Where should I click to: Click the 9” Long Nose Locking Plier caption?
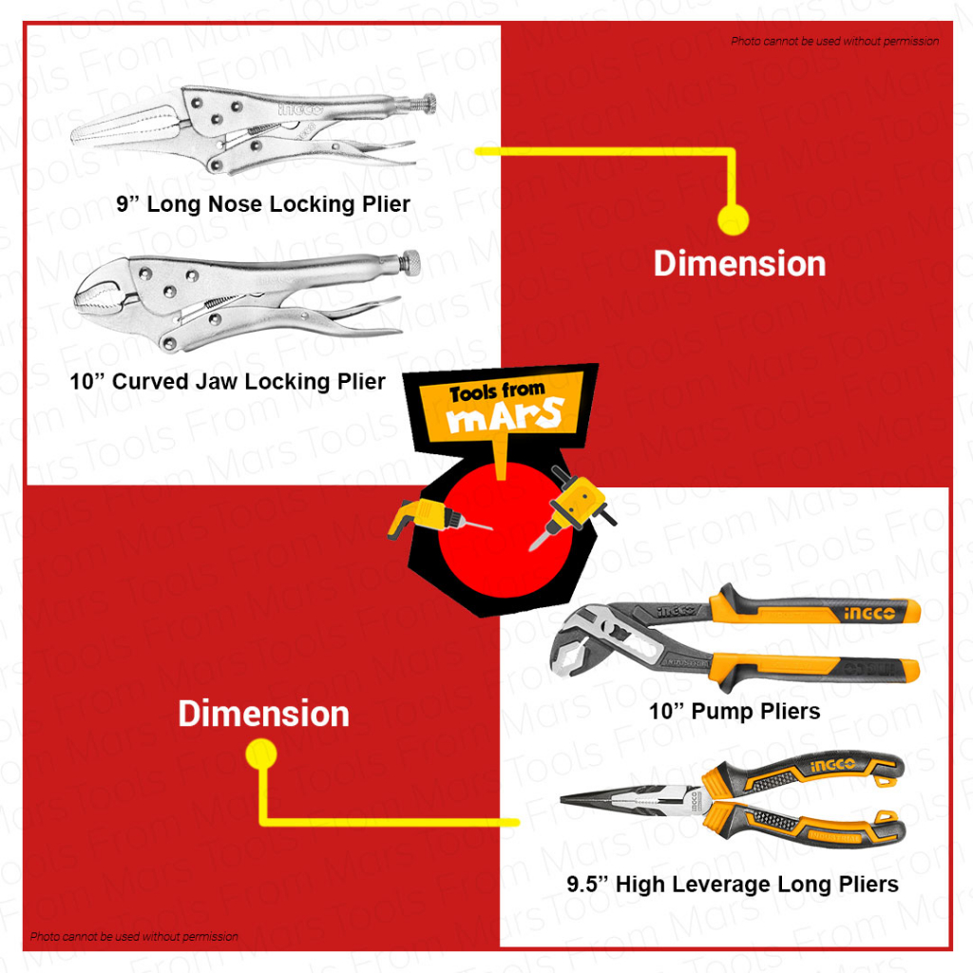coord(263,203)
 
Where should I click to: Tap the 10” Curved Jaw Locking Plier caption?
coord(228,382)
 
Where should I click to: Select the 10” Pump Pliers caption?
coord(734,711)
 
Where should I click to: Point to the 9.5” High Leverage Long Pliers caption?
coord(732,885)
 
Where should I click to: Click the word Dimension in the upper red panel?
coord(739,263)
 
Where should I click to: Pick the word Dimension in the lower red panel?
coord(263,715)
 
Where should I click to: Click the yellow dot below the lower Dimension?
coord(260,755)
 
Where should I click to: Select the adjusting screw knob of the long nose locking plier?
coord(428,103)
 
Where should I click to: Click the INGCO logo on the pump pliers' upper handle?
coord(869,614)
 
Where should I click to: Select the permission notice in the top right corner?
coord(834,41)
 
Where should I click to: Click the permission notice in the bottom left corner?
coord(134,937)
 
